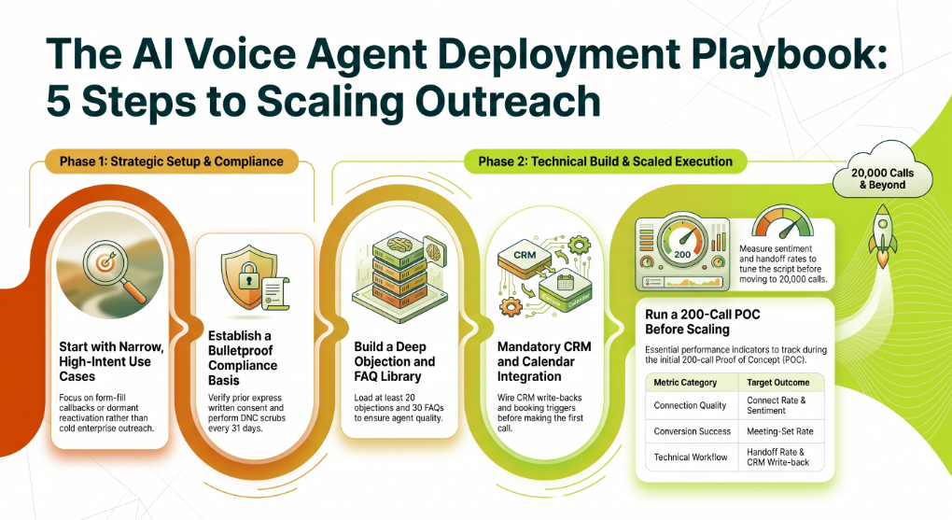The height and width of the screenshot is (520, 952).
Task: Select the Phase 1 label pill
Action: (171, 162)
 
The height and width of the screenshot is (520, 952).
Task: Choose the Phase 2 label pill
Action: (605, 162)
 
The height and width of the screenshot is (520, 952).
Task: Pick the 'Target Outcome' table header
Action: (777, 383)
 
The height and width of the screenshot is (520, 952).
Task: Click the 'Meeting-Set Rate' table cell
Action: (779, 431)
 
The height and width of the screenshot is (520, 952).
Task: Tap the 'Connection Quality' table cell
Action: (690, 405)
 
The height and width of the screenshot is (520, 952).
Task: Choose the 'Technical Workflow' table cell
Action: (691, 457)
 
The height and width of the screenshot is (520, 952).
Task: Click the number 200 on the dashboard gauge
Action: (682, 255)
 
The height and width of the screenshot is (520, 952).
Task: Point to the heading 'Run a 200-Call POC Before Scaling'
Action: (703, 322)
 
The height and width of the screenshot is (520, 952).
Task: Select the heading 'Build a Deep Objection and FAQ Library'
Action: (395, 361)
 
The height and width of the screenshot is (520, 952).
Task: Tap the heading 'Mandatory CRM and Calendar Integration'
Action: (544, 361)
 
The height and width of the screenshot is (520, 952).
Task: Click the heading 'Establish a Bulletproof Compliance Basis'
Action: (243, 358)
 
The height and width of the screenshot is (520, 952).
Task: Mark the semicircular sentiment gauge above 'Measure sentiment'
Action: (783, 222)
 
